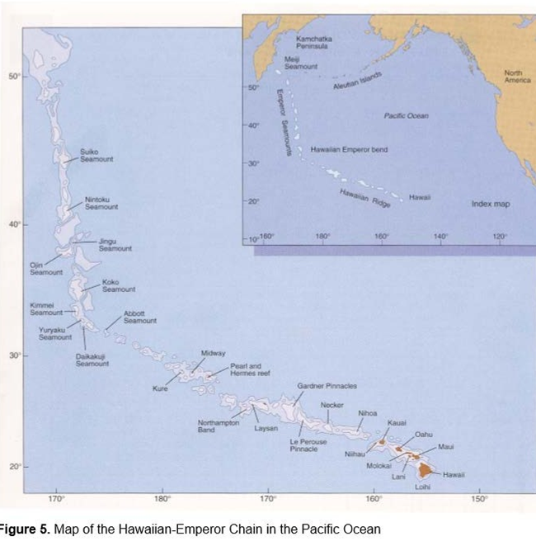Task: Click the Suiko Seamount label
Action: [90, 155]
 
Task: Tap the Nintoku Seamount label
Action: [101, 203]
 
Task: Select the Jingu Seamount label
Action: [115, 245]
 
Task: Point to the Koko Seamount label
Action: [118, 286]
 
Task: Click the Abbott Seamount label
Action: [139, 317]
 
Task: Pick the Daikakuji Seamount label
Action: [92, 360]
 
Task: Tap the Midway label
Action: [213, 353]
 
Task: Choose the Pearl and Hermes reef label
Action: [250, 369]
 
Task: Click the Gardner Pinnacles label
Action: [327, 386]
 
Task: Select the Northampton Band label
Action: [218, 426]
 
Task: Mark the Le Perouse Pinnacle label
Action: [308, 444]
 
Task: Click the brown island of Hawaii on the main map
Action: [426, 471]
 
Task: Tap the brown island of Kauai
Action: [383, 443]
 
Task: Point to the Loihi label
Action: [422, 487]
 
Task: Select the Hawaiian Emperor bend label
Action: [349, 150]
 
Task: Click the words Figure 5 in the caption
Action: [25, 529]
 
